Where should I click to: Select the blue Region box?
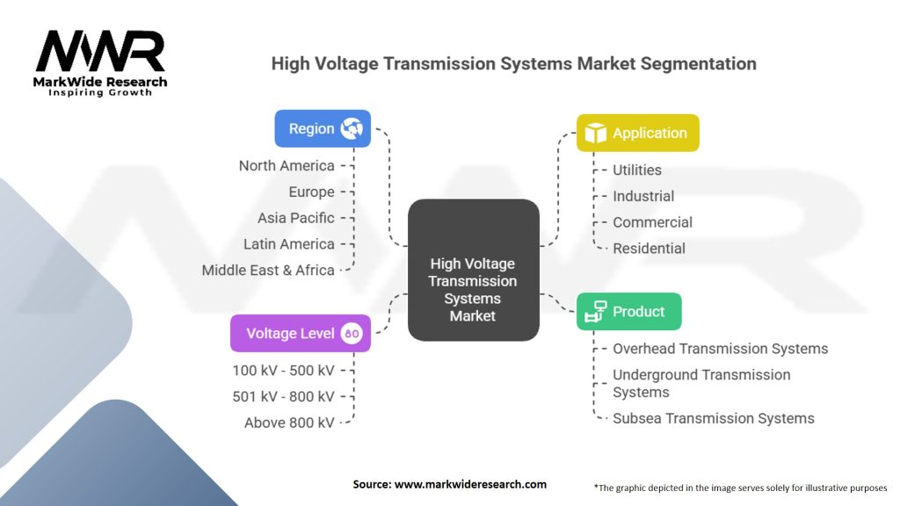coord(323,128)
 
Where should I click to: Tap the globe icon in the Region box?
coord(352,128)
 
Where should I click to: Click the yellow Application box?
coord(637,133)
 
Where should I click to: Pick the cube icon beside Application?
coord(596,133)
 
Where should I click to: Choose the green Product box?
coord(628,311)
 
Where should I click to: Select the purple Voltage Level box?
coord(300,333)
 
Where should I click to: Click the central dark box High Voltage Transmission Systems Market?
coord(473,270)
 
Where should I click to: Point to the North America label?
coord(287,165)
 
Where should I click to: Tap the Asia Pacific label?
coord(296,217)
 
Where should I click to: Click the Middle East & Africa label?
coord(268,270)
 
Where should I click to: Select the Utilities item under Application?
coord(637,170)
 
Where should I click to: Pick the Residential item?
coord(649,248)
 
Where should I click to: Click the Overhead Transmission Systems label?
coord(720,348)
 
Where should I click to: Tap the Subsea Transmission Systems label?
coord(713,418)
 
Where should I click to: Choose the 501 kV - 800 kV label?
coord(283,396)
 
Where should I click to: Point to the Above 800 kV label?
coord(289,423)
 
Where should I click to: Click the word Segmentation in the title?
coord(700,63)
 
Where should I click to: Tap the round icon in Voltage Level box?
coord(352,334)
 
